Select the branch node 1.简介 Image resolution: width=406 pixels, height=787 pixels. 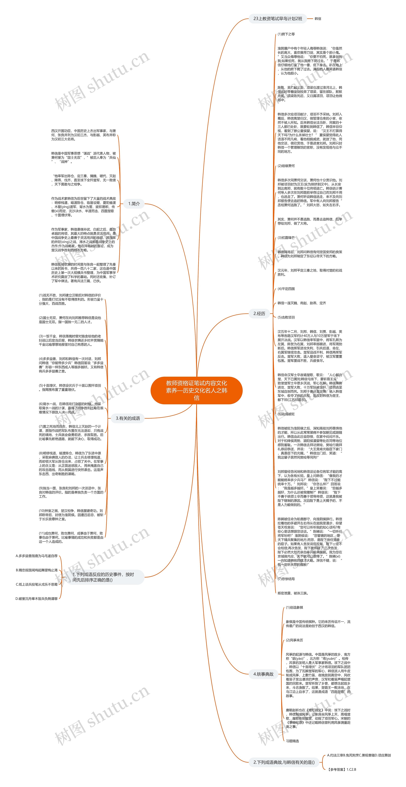134,204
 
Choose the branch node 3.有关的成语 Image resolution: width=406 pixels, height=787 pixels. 128,418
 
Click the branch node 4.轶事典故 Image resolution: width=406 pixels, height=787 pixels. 263,674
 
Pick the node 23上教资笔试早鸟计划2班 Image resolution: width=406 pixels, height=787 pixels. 278,19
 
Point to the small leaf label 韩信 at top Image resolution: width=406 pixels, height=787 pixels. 318,19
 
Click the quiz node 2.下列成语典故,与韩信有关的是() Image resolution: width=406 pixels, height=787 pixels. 284,762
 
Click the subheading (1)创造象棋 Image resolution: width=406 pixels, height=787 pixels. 294,607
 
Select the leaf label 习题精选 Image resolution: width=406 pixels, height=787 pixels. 292,741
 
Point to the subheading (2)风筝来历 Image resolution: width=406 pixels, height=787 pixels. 294,640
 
